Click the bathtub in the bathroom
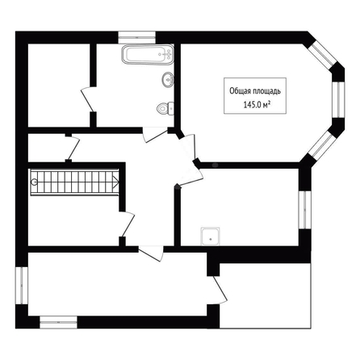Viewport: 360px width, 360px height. (148, 55)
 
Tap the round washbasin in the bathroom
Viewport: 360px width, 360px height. (168, 79)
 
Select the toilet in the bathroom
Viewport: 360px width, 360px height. (165, 108)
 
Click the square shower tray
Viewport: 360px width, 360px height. (210, 237)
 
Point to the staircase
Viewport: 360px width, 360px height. (74, 182)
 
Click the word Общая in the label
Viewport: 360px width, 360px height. (239, 91)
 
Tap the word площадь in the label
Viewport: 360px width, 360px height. (266, 91)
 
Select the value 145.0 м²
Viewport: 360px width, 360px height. (257, 104)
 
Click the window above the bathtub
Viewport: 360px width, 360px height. (137, 37)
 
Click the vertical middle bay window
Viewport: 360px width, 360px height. (338, 99)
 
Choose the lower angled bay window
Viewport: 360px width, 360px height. (323, 144)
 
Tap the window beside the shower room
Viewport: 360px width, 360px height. (305, 210)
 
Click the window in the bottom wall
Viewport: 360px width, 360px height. (58, 322)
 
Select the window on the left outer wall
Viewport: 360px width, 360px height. (22, 286)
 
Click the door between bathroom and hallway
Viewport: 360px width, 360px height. (155, 135)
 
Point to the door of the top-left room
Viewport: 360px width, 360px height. (88, 99)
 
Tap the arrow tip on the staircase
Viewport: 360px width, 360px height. (119, 182)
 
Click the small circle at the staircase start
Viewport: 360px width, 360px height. (34, 182)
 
